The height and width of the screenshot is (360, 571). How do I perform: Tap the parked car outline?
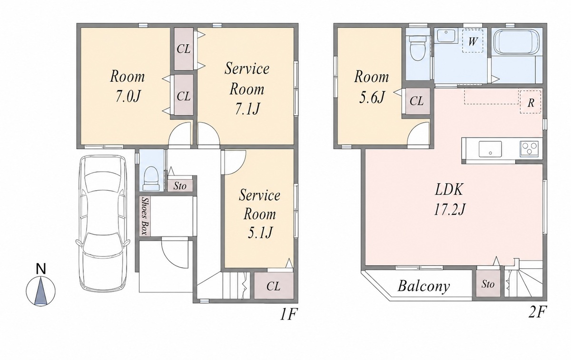click(102, 223)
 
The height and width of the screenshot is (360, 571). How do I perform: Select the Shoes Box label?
click(145, 216)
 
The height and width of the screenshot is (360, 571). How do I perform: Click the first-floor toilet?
click(152, 178)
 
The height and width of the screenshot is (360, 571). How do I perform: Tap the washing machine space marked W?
click(473, 41)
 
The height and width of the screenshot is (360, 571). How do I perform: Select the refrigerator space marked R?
click(531, 102)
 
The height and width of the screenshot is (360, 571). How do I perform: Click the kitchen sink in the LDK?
click(490, 149)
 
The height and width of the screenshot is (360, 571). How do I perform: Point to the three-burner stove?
click(529, 149)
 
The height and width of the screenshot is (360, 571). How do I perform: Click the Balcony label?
click(423, 286)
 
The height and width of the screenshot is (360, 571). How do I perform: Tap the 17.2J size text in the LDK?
click(450, 210)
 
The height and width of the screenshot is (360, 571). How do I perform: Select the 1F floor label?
click(289, 315)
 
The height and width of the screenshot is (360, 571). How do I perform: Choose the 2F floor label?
click(537, 312)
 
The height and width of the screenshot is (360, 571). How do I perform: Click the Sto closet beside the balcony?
click(488, 283)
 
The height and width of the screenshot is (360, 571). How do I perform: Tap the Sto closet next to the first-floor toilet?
click(180, 185)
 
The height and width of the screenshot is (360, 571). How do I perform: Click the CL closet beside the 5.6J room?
click(417, 101)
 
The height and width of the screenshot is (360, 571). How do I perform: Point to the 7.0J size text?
click(128, 97)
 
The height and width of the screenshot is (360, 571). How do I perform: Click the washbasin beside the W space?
click(447, 36)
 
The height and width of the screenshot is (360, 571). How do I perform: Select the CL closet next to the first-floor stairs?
click(274, 286)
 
